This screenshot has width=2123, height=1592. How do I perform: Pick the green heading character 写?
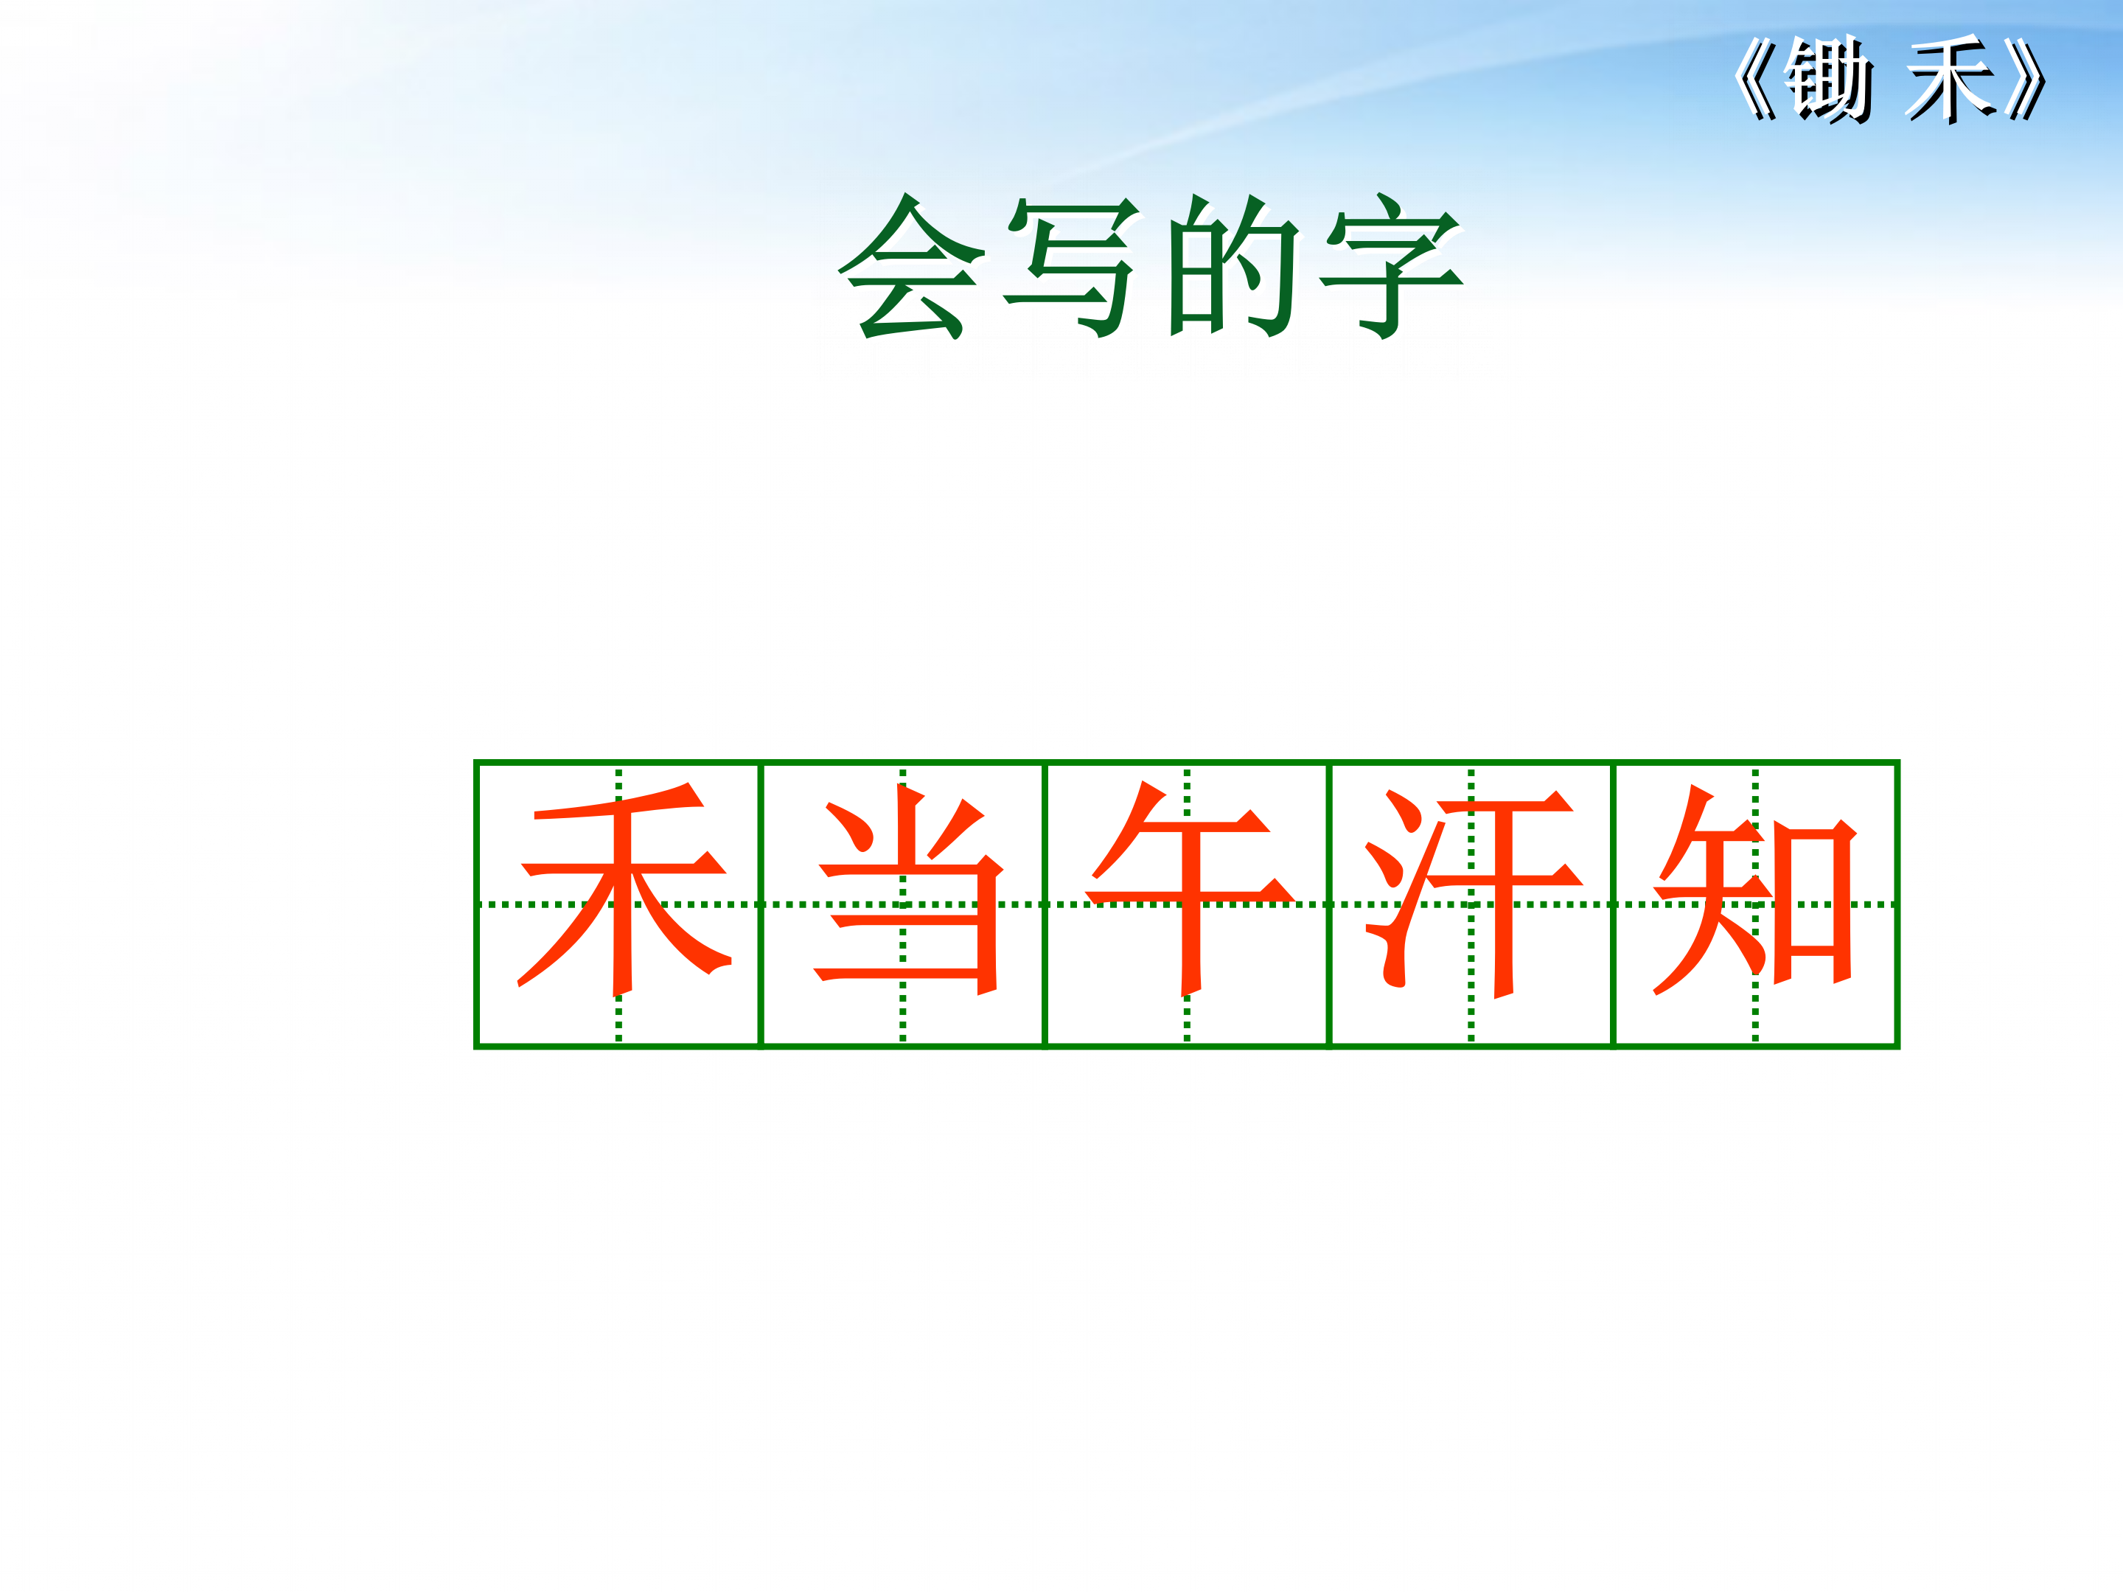[1072, 267]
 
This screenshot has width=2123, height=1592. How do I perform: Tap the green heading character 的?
[1233, 267]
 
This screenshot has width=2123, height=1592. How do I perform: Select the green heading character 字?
[1392, 267]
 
